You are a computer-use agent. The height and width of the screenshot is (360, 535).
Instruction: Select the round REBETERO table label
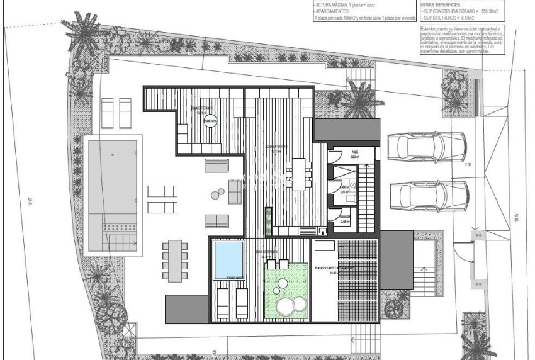point(210,120)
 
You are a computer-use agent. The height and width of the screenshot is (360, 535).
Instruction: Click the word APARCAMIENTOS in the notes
point(334,12)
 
